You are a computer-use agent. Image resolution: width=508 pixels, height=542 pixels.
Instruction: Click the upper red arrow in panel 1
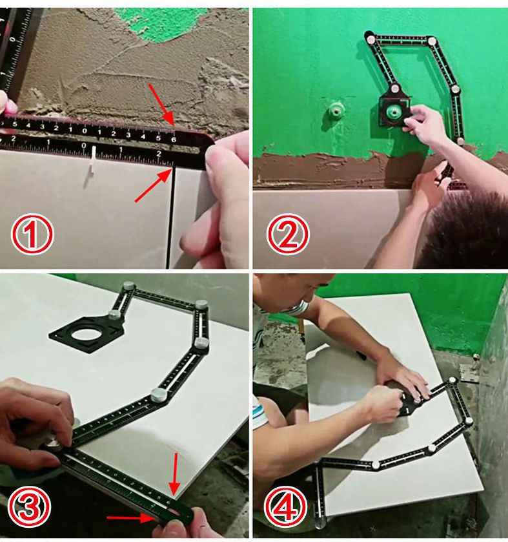[x=161, y=103]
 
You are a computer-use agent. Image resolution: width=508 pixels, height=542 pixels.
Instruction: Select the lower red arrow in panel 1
[x=150, y=188]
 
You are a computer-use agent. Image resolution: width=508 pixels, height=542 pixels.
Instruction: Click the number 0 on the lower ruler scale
[x=85, y=146]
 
